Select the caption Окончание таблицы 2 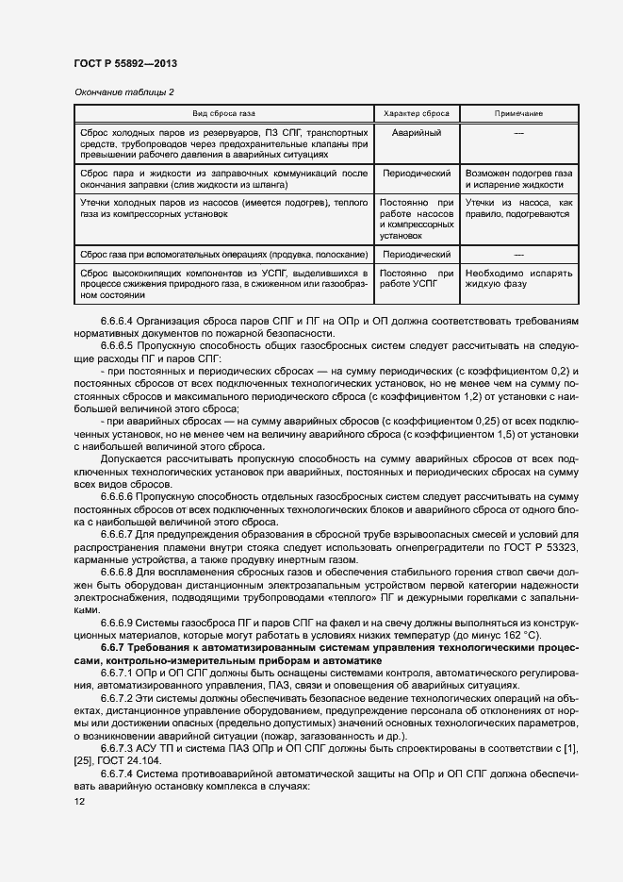(x=123, y=92)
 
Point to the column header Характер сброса (x=416, y=113)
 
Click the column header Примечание (x=517, y=113)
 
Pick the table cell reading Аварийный (x=416, y=133)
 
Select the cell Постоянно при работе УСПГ (x=416, y=278)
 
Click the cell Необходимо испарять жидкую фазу (x=517, y=278)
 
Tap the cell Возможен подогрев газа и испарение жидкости (x=517, y=180)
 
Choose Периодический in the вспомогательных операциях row (x=416, y=255)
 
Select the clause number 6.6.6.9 (x=118, y=624)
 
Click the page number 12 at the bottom (x=78, y=800)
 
